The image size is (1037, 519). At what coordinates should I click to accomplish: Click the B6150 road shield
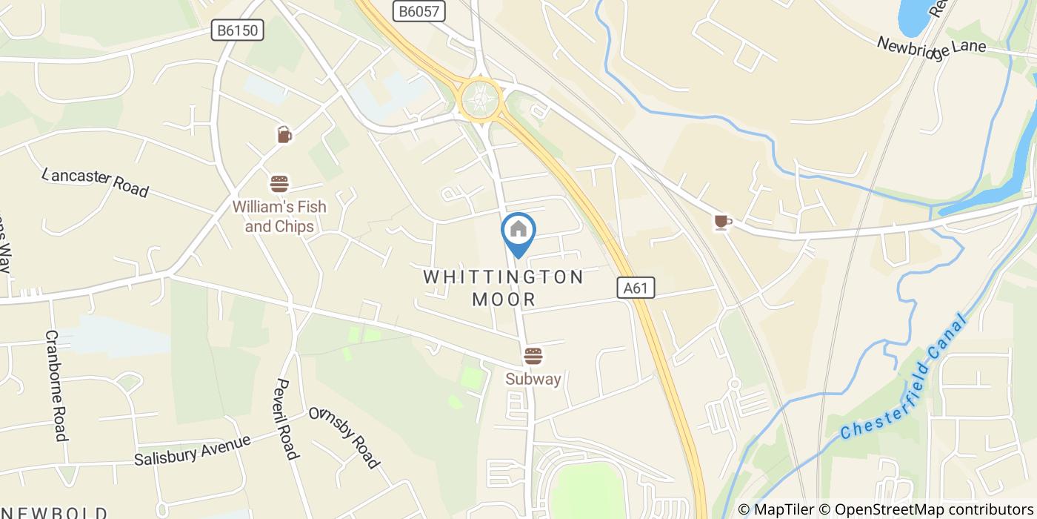coord(237,30)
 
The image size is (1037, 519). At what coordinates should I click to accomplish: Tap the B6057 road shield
coord(419,10)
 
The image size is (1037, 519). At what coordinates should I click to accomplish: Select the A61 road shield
coord(636,288)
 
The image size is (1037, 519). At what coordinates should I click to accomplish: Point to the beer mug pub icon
coord(284,134)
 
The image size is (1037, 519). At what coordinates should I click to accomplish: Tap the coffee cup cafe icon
coord(722,222)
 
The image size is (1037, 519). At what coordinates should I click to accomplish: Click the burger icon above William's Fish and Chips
coord(279,183)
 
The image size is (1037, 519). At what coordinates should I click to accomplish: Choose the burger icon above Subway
coord(533,356)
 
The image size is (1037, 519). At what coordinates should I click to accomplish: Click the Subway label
coord(533,380)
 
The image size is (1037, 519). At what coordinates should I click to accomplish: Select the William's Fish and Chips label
coord(279,216)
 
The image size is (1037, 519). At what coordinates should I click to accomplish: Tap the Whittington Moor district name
coord(504,288)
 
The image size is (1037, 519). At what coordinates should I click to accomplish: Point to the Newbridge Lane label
coord(931,45)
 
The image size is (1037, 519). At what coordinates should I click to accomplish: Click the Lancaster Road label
coord(96,182)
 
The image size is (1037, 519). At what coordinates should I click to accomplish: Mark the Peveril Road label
coord(285,419)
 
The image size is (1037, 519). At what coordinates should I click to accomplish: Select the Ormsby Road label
coord(344,437)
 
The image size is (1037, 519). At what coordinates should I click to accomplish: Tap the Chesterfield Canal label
coord(904,378)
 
